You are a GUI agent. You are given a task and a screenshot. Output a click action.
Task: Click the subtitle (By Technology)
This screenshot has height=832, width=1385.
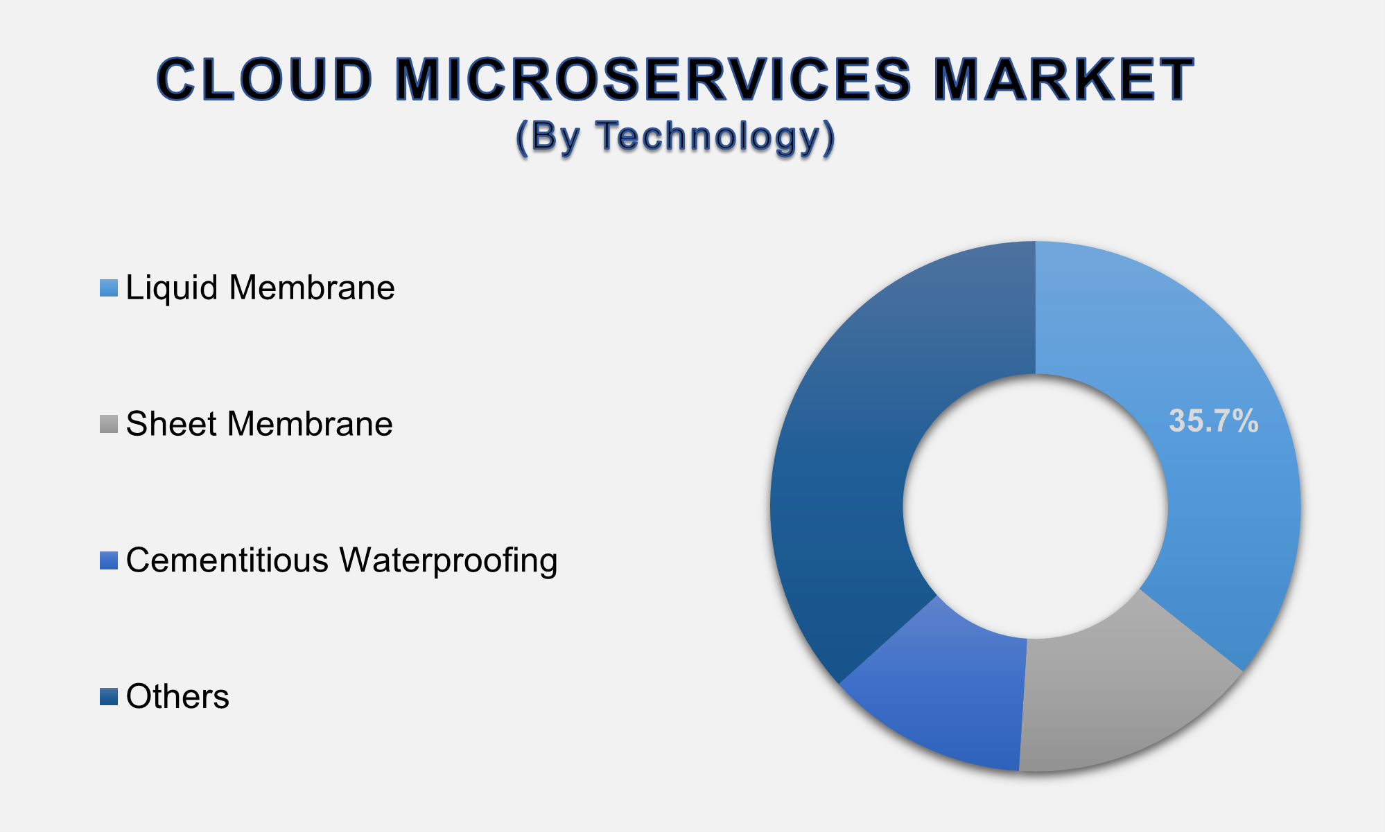(676, 136)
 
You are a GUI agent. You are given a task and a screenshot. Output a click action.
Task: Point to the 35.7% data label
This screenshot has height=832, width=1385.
(1213, 421)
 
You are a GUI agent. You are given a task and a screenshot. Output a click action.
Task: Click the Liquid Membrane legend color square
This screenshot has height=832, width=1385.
(109, 287)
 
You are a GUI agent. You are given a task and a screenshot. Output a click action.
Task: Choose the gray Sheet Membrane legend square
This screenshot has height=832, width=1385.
(109, 424)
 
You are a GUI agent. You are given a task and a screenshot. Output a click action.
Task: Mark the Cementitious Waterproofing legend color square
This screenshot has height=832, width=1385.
(109, 560)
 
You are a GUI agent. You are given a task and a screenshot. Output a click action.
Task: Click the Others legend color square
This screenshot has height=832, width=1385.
(109, 697)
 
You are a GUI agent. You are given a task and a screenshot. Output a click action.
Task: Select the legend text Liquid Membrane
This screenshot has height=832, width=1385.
(260, 287)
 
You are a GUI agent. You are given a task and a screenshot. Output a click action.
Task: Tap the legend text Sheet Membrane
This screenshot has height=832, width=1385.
(259, 424)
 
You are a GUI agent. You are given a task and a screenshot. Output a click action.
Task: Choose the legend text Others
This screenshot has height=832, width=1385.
(177, 697)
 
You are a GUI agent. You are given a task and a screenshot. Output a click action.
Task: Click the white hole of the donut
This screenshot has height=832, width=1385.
(1035, 506)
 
